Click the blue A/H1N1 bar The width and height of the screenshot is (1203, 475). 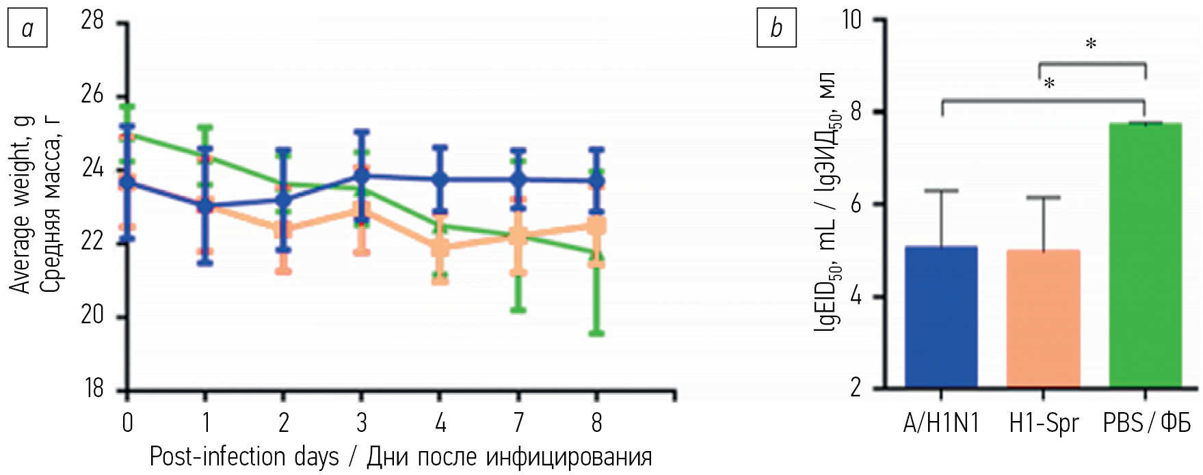(x=940, y=317)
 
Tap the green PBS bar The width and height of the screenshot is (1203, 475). (x=1145, y=256)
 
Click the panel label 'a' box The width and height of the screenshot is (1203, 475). (x=27, y=29)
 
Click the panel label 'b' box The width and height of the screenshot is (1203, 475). (x=776, y=29)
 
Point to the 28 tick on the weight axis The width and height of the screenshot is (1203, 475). (x=92, y=21)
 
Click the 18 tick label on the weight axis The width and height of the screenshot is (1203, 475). (x=92, y=388)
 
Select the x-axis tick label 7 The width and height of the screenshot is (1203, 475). (x=518, y=423)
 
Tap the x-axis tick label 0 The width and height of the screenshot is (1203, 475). (x=127, y=423)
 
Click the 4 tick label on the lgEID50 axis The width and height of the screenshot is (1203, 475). (x=856, y=297)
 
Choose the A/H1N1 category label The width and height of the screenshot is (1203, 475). (x=940, y=424)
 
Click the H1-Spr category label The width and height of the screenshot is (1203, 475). (x=1043, y=424)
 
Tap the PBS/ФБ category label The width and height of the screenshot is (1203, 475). (x=1146, y=424)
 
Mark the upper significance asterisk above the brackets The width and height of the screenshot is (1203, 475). (x=1091, y=44)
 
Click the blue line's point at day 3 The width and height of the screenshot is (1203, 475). (x=361, y=176)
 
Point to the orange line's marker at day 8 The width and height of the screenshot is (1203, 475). (x=596, y=226)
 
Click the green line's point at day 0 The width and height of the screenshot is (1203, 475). (x=127, y=135)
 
